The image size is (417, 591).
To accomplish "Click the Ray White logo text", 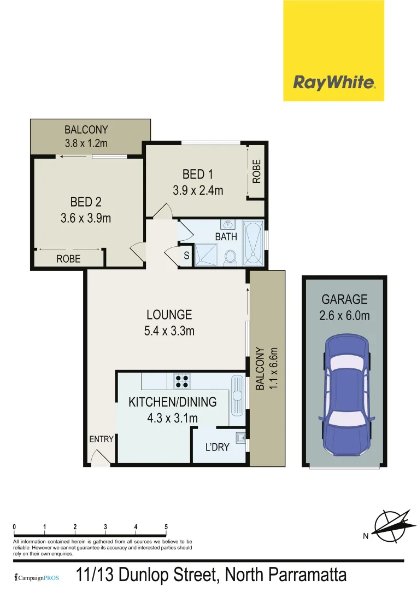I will pyautogui.click(x=334, y=83).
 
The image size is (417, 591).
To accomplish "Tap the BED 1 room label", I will pyautogui.click(x=197, y=175).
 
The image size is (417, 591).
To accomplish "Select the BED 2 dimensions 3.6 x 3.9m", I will pyautogui.click(x=86, y=218).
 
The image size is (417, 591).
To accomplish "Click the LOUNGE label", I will pyautogui.click(x=169, y=315).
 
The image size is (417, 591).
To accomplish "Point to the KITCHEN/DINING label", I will pyautogui.click(x=172, y=402).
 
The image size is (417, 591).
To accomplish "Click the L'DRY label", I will pyautogui.click(x=217, y=447).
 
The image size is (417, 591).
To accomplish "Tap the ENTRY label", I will pyautogui.click(x=101, y=439).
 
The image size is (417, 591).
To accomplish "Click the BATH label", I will pyautogui.click(x=226, y=237).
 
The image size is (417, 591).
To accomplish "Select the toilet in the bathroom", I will pyautogui.click(x=230, y=257).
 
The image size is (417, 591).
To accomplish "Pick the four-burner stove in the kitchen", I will pyautogui.click(x=182, y=381).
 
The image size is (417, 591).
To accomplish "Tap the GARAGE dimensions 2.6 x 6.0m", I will pyautogui.click(x=344, y=316).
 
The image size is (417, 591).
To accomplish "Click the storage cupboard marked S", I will pyautogui.click(x=186, y=256).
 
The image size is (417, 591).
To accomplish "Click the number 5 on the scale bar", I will pyautogui.click(x=166, y=528).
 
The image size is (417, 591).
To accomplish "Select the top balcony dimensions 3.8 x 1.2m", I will pyautogui.click(x=86, y=143).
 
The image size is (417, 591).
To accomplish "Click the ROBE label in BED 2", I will pyautogui.click(x=68, y=259).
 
